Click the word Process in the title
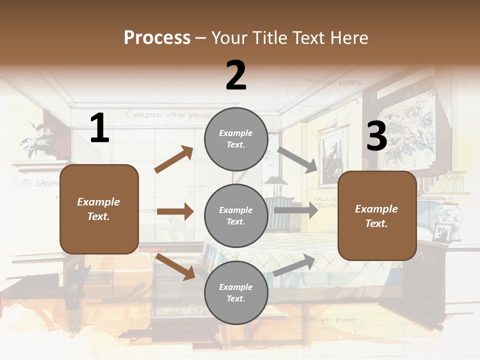click(157, 38)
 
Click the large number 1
click(99, 128)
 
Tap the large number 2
click(236, 75)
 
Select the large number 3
click(376, 136)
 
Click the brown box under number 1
click(99, 209)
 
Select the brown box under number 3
click(377, 216)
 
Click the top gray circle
click(236, 139)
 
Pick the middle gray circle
click(236, 215)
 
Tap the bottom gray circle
click(236, 292)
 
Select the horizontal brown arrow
click(175, 211)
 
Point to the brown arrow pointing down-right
click(175, 266)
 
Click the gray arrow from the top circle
click(297, 159)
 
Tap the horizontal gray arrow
click(295, 210)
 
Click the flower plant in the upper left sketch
click(35, 137)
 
